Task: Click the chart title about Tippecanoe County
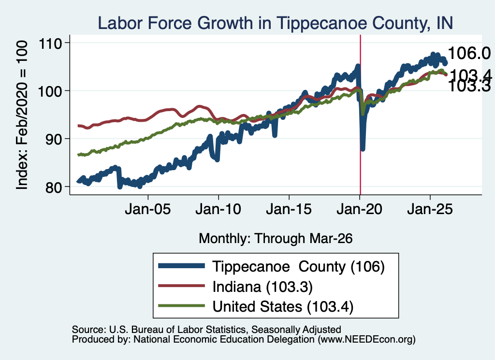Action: pyautogui.click(x=275, y=23)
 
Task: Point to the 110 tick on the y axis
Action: pyautogui.click(x=50, y=43)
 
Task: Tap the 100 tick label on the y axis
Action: pyautogui.click(x=50, y=91)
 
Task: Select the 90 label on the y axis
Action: pyautogui.click(x=54, y=139)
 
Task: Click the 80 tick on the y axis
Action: pyautogui.click(x=54, y=187)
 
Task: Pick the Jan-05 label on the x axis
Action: pyautogui.click(x=148, y=209)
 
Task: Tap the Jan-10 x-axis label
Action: pyautogui.click(x=218, y=209)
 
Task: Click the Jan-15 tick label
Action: pyautogui.click(x=289, y=209)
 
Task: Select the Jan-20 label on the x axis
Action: pyautogui.click(x=359, y=209)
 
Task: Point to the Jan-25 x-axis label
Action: pyautogui.click(x=430, y=209)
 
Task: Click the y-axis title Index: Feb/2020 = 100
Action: pyautogui.click(x=22, y=115)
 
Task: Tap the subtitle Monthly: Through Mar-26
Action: pyautogui.click(x=276, y=239)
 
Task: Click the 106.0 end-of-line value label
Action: pyautogui.click(x=469, y=53)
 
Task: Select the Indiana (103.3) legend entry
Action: pyautogui.click(x=235, y=287)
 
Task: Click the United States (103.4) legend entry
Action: pyautogui.click(x=256, y=306)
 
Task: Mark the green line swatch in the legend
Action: pyautogui.click(x=182, y=306)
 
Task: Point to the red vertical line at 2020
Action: pyautogui.click(x=360, y=115)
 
